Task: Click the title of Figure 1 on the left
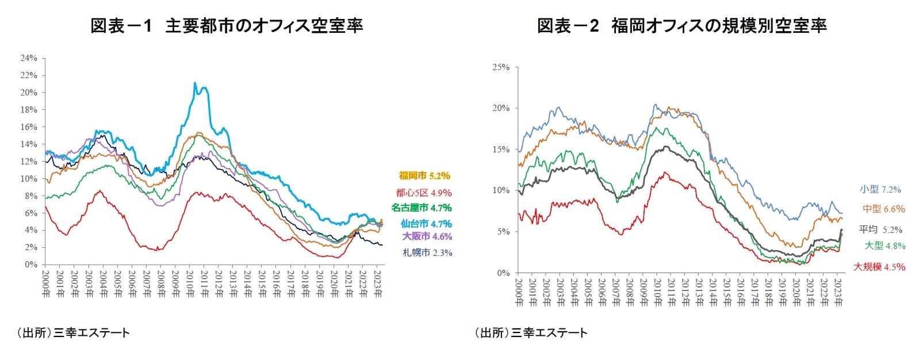point(227,26)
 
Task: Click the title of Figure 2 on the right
point(681,26)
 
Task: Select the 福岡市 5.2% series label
point(424,176)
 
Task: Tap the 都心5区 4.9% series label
point(423,193)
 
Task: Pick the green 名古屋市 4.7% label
point(422,208)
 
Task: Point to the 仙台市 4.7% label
point(426,224)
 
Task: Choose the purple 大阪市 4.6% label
point(427,236)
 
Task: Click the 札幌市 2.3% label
point(427,252)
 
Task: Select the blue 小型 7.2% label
point(880,189)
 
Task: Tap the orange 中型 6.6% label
point(883,209)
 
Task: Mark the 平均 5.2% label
point(880,229)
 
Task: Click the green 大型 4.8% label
point(884,246)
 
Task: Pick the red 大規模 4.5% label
point(879,267)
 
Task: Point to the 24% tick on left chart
point(29,58)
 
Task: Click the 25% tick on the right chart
point(501,67)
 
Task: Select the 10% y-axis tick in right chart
point(501,190)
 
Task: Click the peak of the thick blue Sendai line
point(195,83)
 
